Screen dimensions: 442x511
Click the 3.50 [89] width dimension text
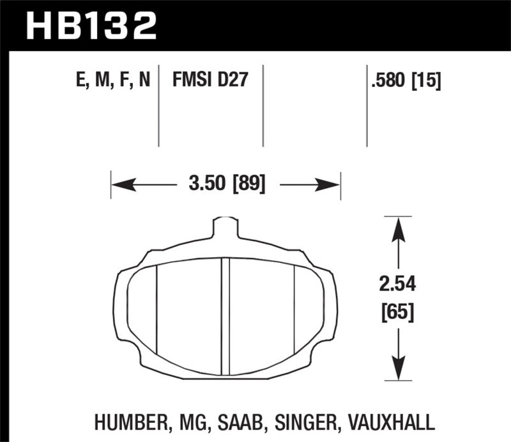227,185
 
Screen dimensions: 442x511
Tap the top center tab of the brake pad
224,228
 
